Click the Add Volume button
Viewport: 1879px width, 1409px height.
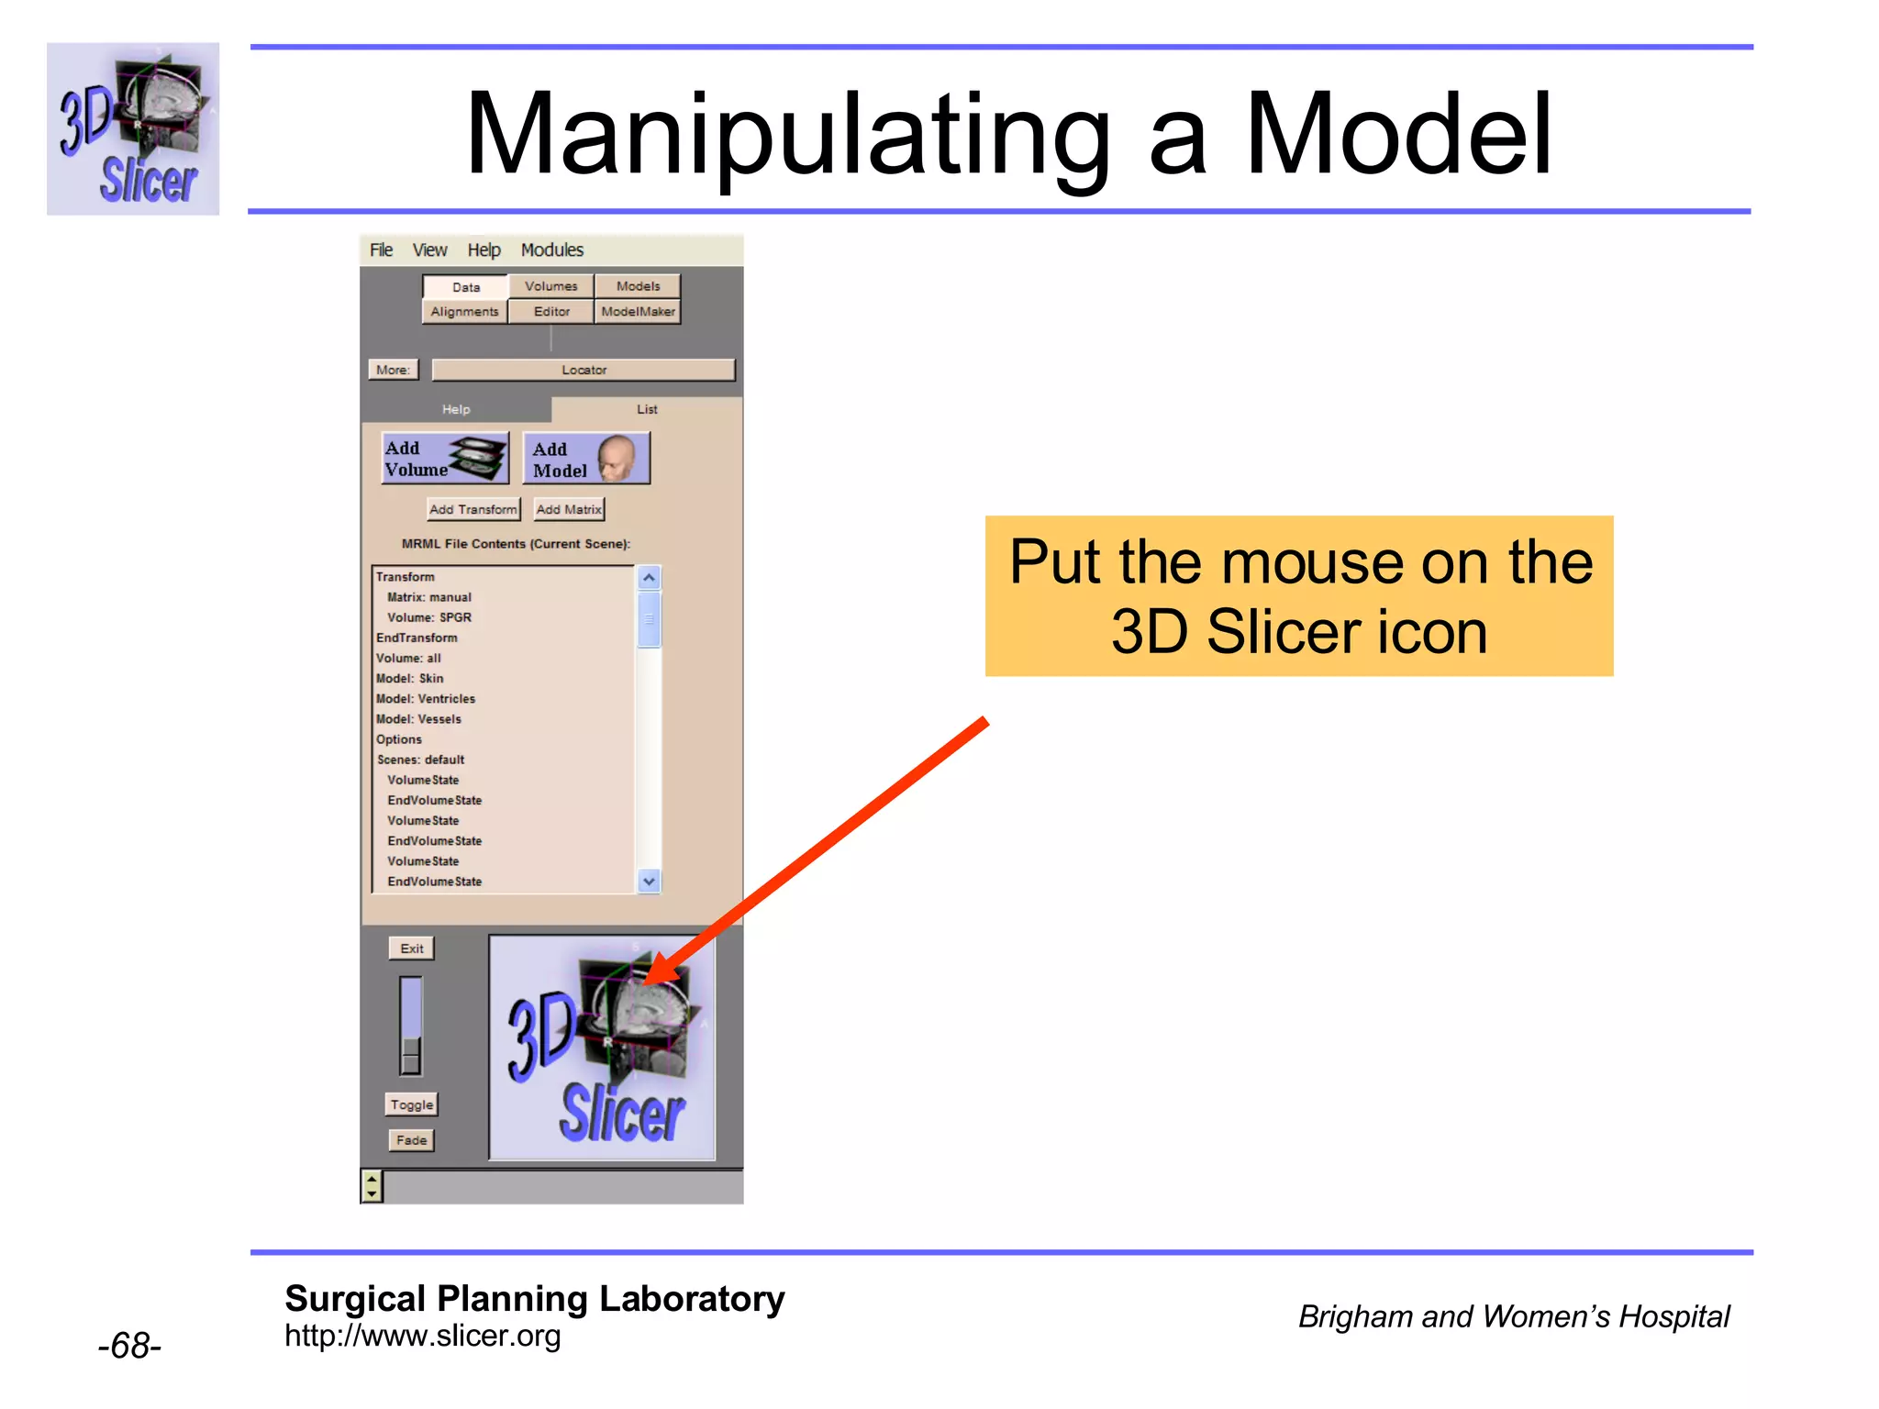pos(445,459)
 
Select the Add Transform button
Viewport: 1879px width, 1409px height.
pos(473,509)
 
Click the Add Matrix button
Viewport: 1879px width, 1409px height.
pos(569,509)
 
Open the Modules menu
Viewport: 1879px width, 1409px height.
pos(551,250)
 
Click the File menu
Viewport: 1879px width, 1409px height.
pos(381,250)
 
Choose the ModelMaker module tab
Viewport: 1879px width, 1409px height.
pos(638,312)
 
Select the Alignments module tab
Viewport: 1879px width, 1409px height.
pos(464,312)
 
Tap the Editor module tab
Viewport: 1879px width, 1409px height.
pos(551,312)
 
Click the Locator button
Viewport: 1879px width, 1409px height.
pos(584,370)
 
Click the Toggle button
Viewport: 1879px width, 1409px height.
pos(411,1104)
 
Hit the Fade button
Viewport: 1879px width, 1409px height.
pos(411,1140)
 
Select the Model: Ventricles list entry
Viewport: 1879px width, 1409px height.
pos(426,699)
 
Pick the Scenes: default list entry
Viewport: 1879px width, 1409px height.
pos(421,760)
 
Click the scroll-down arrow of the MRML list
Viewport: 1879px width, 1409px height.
pos(649,882)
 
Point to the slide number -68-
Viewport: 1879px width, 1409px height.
pos(129,1346)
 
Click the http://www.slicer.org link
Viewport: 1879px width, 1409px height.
pos(422,1336)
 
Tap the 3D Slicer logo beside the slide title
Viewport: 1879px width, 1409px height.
pos(133,128)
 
